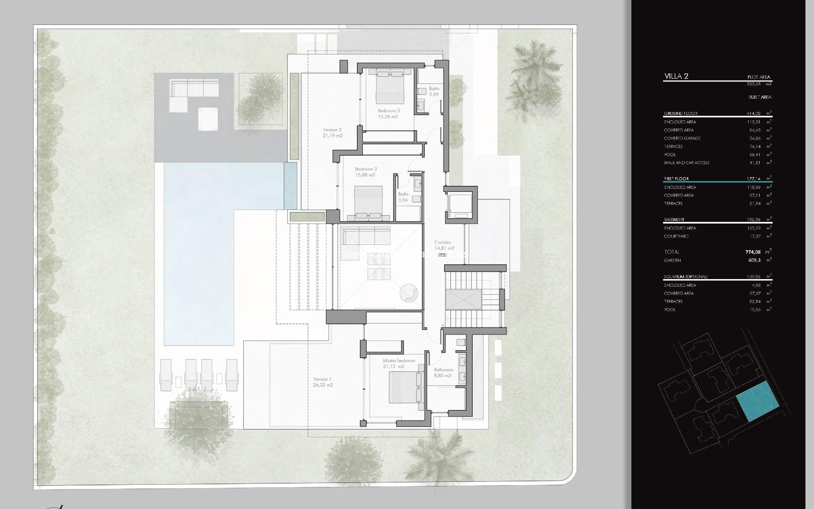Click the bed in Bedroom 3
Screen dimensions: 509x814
pyautogui.click(x=390, y=87)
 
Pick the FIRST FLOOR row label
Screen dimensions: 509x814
pyautogui.click(x=676, y=179)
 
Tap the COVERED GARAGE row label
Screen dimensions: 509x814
pyautogui.click(x=682, y=138)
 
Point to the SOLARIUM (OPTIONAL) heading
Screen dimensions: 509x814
pyautogui.click(x=686, y=277)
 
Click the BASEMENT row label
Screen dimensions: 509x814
pyautogui.click(x=674, y=220)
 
